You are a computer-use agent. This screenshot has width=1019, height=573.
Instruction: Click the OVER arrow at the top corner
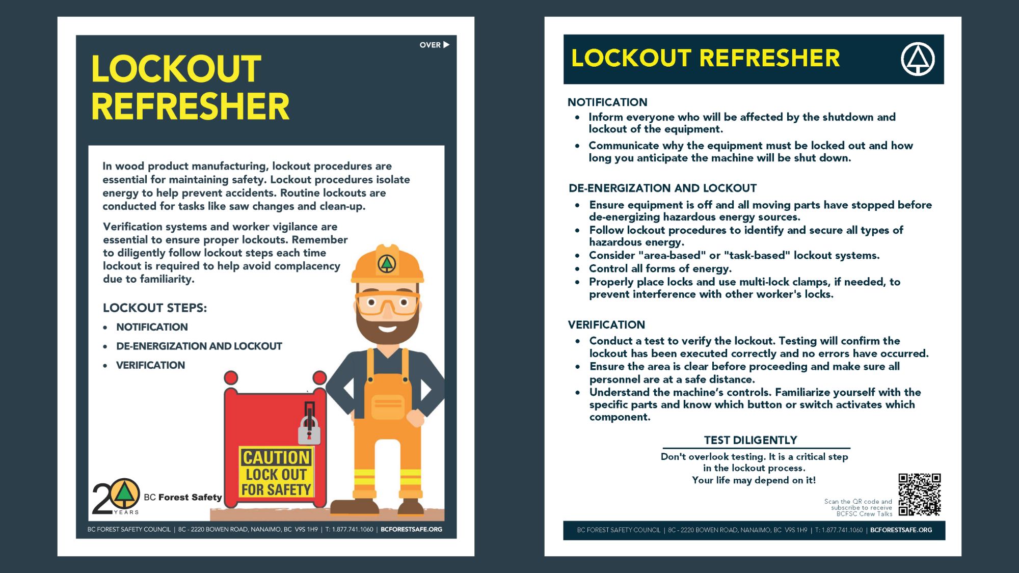(x=435, y=45)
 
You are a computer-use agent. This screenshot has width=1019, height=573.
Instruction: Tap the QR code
(x=919, y=495)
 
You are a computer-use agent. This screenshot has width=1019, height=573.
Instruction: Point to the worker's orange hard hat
(x=387, y=265)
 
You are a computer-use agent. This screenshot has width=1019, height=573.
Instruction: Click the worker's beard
(x=387, y=329)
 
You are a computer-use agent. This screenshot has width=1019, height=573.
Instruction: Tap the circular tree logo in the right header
(x=918, y=59)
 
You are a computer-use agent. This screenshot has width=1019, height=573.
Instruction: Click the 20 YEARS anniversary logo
(x=116, y=496)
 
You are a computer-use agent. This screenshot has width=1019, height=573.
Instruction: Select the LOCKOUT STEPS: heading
(x=155, y=308)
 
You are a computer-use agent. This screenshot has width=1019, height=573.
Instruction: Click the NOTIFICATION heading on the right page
(x=607, y=102)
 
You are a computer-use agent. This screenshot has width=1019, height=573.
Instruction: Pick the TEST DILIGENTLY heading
(x=750, y=440)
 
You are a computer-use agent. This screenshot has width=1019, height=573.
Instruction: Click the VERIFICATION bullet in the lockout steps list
(x=150, y=365)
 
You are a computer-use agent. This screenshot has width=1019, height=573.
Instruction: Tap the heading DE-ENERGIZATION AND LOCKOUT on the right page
(x=662, y=188)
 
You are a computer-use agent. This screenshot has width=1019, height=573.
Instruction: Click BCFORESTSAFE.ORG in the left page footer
(x=411, y=530)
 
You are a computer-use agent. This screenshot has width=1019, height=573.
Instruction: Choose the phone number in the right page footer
(x=839, y=530)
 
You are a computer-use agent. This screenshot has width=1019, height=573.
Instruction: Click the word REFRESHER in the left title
(x=190, y=107)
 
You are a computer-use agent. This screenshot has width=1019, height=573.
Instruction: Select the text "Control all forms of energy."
(x=660, y=268)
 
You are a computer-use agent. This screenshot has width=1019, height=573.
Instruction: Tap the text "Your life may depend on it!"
(x=754, y=480)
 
